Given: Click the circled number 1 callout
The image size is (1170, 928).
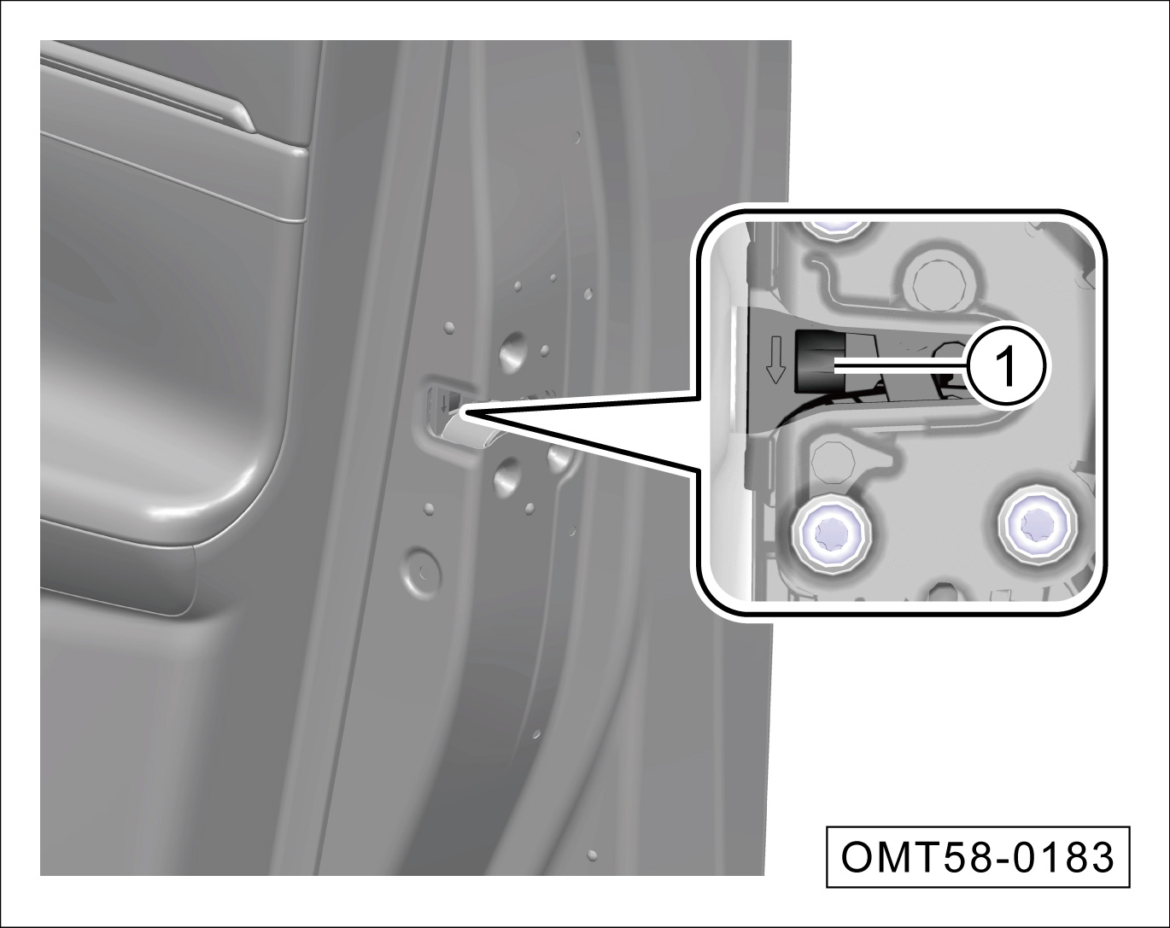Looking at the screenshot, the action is (1007, 368).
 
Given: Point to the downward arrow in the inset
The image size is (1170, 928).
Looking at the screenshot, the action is (775, 359).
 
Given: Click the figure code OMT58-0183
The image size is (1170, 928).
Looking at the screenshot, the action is (977, 857).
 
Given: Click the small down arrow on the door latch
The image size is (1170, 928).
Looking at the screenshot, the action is (444, 403).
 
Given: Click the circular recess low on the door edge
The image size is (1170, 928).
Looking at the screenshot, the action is (419, 570).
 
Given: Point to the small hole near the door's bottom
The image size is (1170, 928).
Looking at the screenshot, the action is (592, 855).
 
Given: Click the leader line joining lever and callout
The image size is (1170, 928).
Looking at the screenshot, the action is (901, 368).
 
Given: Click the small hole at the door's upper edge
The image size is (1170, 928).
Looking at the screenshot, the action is (577, 137).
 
